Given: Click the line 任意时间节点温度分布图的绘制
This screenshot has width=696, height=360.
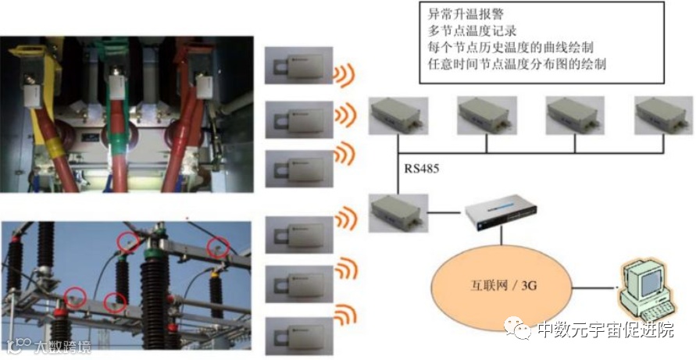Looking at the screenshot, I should pos(518,65).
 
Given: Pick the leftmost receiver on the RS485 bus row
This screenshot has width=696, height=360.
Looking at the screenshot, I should pos(398,115).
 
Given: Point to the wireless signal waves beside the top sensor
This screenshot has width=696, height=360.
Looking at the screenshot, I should pos(345,73).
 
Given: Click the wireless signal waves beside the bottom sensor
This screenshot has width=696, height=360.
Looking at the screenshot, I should pos(344,316).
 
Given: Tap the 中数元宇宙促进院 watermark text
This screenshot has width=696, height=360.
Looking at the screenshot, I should pos(605,330).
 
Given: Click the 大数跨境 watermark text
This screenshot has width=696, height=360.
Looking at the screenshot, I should pos(58,347).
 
